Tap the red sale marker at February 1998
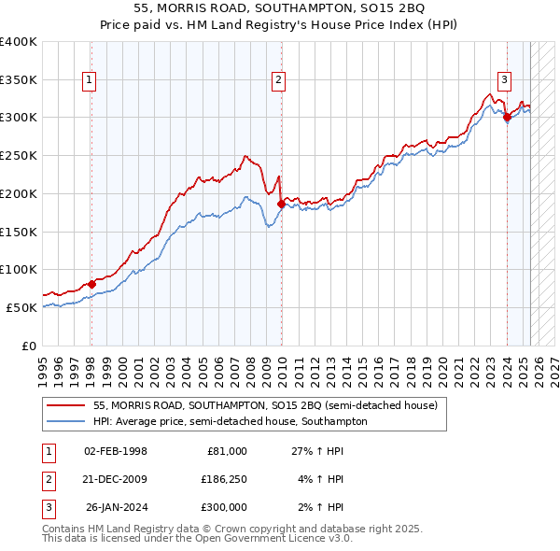click(91, 284)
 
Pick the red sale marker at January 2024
click(507, 117)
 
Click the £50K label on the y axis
click(21, 307)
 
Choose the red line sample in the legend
click(67, 405)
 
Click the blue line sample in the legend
click(67, 421)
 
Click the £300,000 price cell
click(224, 507)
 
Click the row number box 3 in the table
click(46, 507)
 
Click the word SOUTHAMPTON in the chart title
click(247, 7)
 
